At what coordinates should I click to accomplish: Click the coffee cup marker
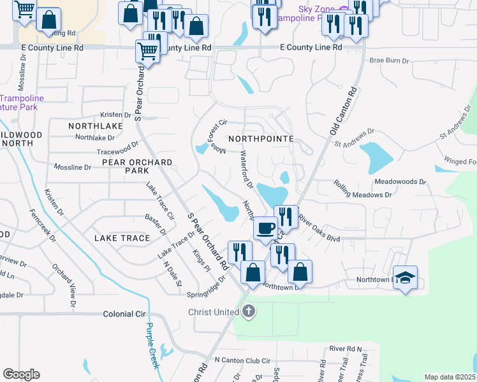[x=265, y=227]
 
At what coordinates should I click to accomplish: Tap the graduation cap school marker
[x=405, y=278]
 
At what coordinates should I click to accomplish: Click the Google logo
[x=21, y=374]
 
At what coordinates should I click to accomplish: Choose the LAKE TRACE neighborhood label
[x=122, y=237]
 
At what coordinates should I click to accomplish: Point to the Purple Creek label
[x=152, y=344]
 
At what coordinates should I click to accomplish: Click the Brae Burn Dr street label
[x=389, y=60]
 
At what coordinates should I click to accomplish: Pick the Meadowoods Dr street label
[x=400, y=181]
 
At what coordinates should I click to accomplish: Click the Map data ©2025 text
[x=450, y=377]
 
